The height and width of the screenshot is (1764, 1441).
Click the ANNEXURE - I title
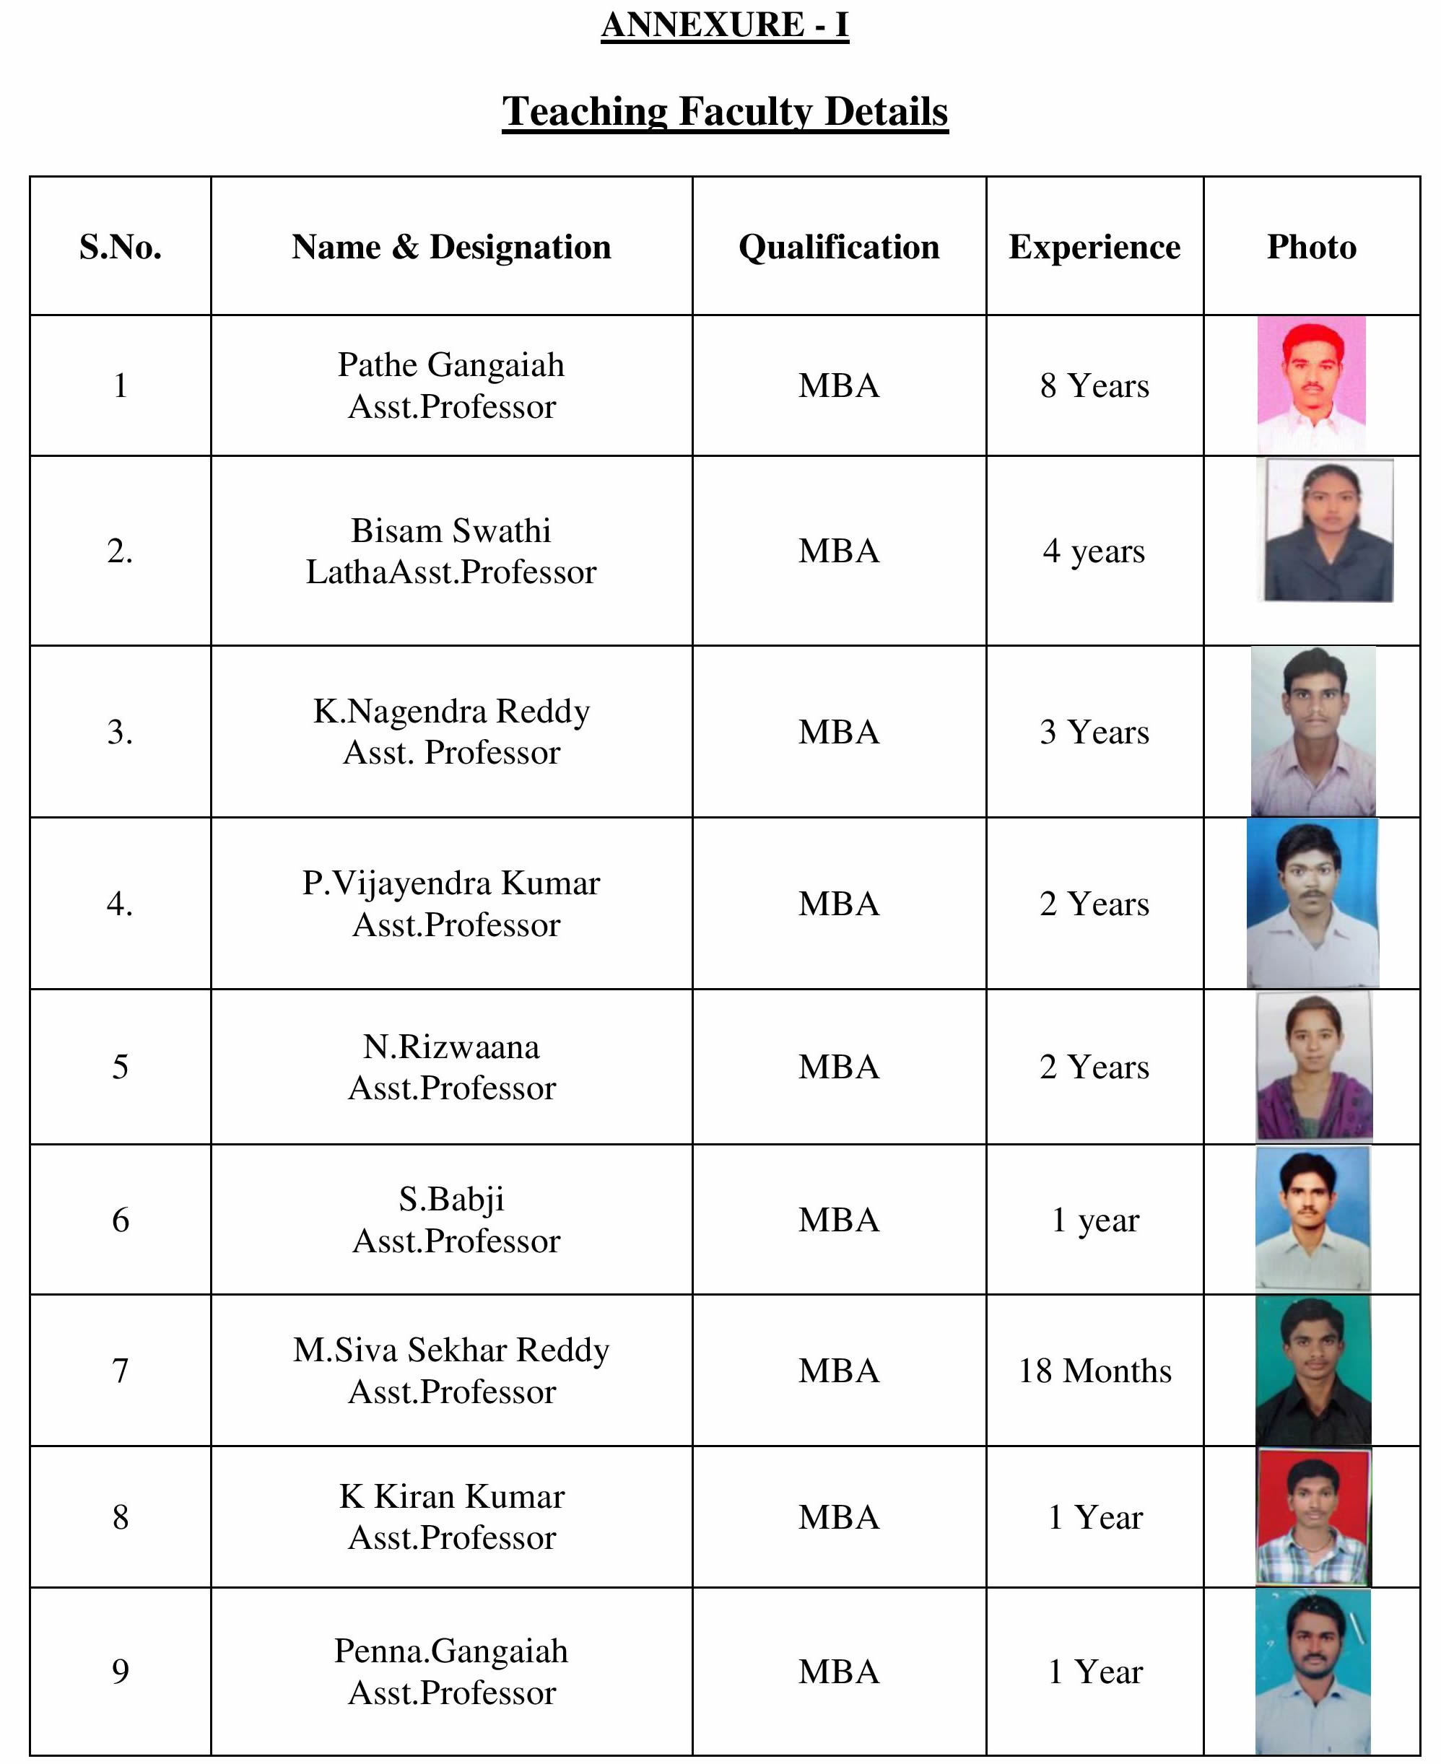click(724, 25)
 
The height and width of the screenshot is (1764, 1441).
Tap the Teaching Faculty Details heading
click(724, 112)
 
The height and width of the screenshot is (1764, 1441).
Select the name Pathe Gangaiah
click(450, 365)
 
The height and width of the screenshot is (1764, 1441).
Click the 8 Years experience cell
click(1094, 386)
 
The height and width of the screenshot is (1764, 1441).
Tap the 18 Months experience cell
click(1094, 1371)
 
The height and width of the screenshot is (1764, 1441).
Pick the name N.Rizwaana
click(450, 1047)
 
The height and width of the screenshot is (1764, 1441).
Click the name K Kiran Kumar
click(450, 1496)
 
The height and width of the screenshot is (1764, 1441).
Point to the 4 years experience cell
click(1094, 551)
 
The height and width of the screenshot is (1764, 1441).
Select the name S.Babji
click(450, 1199)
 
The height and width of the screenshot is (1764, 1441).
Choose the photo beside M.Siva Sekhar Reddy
click(1312, 1371)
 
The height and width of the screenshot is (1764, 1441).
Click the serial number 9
click(121, 1671)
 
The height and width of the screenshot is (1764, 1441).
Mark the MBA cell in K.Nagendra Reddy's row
click(838, 732)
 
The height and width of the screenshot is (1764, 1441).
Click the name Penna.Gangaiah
click(450, 1651)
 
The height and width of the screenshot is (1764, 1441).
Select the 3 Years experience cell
click(1094, 732)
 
